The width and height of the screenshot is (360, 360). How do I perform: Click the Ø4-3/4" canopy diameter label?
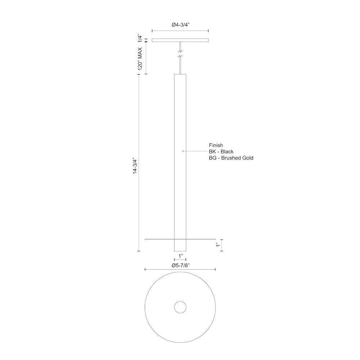tap(180, 25)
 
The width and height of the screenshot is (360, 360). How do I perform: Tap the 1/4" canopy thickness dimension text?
tap(140, 39)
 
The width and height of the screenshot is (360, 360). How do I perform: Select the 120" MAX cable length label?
tap(140, 58)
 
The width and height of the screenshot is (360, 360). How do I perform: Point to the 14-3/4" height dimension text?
tap(135, 166)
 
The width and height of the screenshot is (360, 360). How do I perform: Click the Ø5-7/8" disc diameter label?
tap(180, 265)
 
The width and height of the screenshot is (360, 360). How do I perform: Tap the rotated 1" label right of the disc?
tap(218, 245)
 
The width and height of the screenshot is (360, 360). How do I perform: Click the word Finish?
tap(216, 145)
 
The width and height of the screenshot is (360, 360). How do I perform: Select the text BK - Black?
tap(221, 152)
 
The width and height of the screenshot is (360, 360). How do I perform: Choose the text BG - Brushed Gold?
tap(231, 158)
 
